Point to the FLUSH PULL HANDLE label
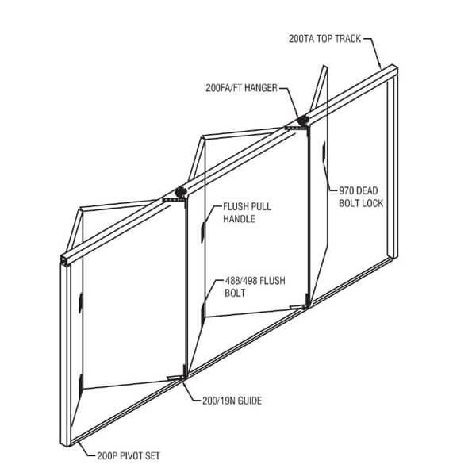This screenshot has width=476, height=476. tap(239, 213)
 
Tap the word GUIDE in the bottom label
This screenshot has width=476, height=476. tap(248, 401)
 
